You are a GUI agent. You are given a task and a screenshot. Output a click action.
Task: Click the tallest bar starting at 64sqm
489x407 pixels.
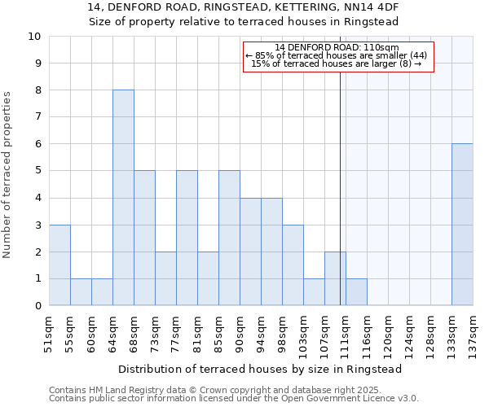click(x=123, y=198)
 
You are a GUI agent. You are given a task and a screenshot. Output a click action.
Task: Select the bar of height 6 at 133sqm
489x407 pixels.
click(x=462, y=225)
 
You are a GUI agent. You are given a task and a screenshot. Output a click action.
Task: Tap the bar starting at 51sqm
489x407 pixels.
click(x=59, y=265)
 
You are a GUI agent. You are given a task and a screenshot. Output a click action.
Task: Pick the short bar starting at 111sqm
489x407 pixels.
click(x=356, y=292)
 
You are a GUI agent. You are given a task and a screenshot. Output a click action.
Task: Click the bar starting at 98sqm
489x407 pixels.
click(x=293, y=265)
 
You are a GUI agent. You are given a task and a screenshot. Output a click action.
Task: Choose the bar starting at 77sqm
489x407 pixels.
click(x=187, y=238)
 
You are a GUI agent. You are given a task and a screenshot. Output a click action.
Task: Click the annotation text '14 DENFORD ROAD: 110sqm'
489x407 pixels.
click(x=337, y=48)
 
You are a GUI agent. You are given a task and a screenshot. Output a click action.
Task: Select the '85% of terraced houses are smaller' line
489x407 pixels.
click(x=337, y=55)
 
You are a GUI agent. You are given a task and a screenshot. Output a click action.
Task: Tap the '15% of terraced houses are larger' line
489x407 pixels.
click(x=337, y=63)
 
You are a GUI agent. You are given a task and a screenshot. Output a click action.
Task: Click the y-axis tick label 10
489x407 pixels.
click(x=34, y=37)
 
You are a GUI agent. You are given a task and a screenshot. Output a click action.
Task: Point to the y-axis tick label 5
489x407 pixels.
click(x=37, y=171)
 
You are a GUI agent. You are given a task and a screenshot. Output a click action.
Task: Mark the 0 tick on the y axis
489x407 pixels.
click(x=37, y=306)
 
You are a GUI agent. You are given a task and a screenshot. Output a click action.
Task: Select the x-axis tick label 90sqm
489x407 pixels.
click(x=240, y=330)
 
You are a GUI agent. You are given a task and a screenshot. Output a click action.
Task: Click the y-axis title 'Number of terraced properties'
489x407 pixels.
click(x=7, y=175)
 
